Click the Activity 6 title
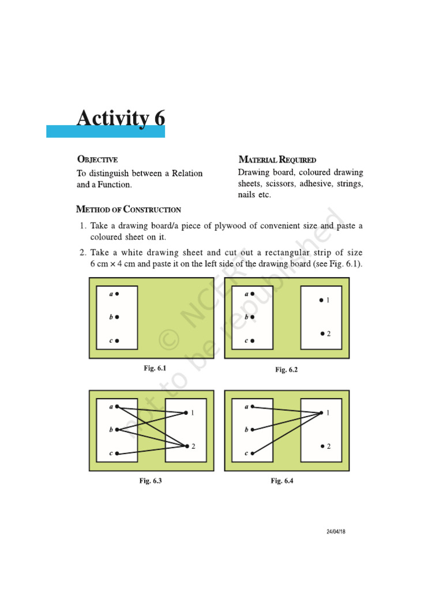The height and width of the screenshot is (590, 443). point(121,118)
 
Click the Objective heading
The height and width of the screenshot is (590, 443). point(97,160)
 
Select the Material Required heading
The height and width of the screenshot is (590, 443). point(277,160)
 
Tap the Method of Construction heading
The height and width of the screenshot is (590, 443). point(129,210)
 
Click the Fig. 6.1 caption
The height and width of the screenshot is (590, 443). point(155,368)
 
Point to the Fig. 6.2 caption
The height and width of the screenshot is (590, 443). point(286,369)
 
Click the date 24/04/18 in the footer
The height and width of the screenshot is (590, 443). point(335,531)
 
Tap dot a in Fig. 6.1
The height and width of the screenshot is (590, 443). point(117,294)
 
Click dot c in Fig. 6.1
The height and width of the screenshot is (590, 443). point(117,341)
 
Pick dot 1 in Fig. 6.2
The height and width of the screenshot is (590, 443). point(321,300)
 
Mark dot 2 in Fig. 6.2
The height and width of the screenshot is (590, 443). point(322,334)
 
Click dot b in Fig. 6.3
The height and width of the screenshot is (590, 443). point(117,430)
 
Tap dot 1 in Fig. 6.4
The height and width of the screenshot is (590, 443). point(321,413)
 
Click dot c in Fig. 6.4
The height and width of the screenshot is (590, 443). point(252,453)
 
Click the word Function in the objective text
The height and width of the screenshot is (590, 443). point(113,185)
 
